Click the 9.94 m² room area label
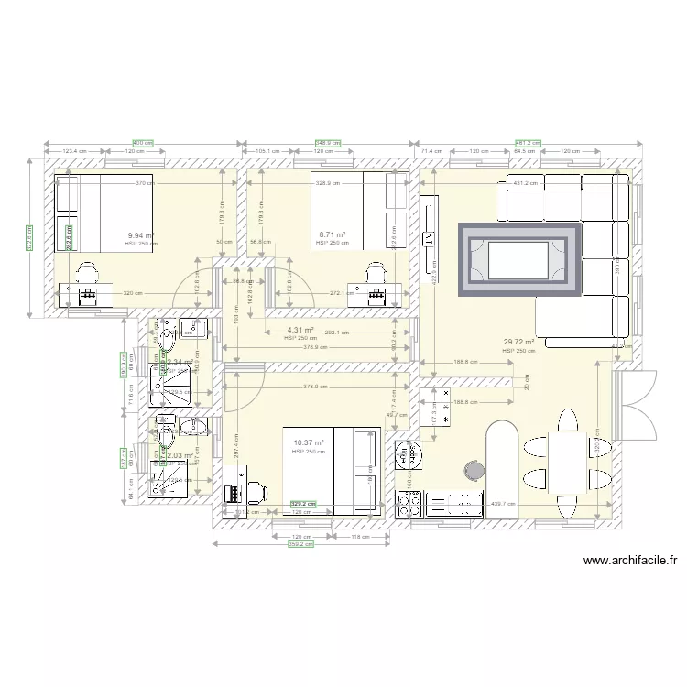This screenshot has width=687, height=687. tap(141, 235)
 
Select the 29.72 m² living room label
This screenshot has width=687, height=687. tap(518, 343)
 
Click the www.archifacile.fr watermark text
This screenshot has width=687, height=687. tap(628, 562)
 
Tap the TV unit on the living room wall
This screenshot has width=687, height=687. tap(428, 238)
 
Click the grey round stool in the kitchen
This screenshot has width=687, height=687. tap(474, 469)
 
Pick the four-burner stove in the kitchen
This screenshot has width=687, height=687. tap(408, 503)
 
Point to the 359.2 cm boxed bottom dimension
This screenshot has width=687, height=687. tap(301, 543)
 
